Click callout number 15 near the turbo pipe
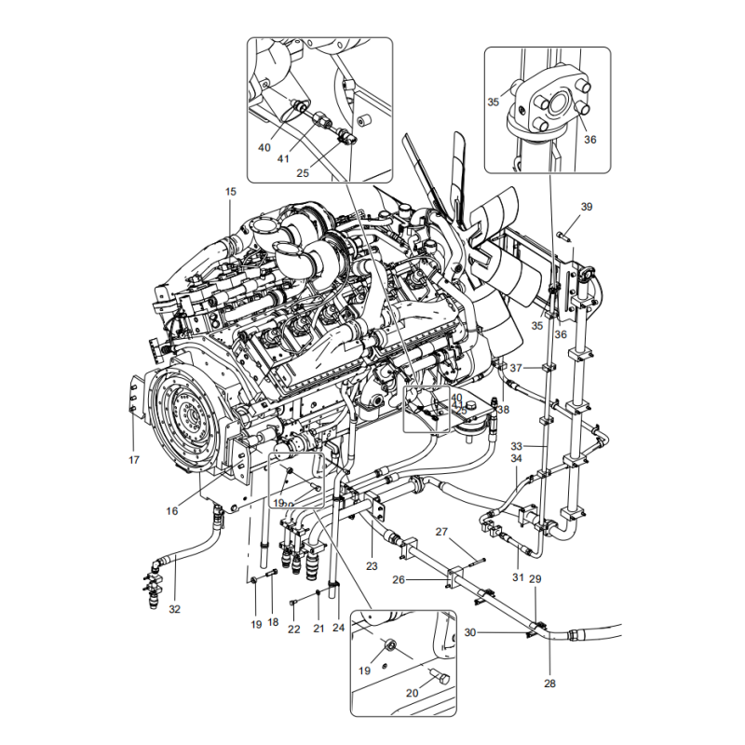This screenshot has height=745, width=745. [x=230, y=192]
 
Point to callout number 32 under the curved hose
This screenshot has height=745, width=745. [x=174, y=610]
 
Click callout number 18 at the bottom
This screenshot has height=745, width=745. [x=273, y=621]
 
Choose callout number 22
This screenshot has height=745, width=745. [x=293, y=630]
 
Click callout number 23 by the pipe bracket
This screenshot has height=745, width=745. [x=371, y=565]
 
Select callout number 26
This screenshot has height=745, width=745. [x=426, y=579]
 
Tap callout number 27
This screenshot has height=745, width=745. [x=443, y=533]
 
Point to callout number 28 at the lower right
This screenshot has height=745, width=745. [x=549, y=684]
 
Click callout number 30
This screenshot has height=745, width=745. [x=470, y=632]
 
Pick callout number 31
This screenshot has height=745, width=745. [x=518, y=577]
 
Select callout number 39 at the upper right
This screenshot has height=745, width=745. [x=587, y=206]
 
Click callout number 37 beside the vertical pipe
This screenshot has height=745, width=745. [x=516, y=368]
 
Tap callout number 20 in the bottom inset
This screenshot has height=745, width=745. [x=413, y=693]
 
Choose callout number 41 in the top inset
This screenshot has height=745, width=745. [x=283, y=159]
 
